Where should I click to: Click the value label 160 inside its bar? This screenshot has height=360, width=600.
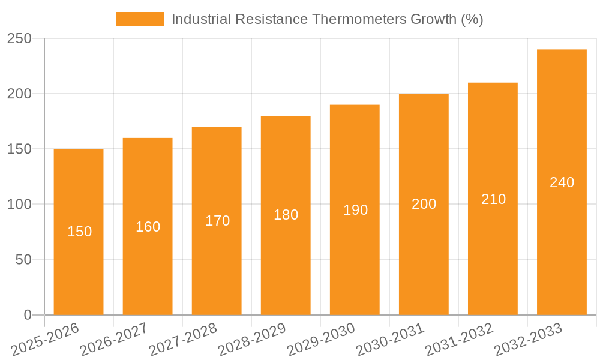(148, 227)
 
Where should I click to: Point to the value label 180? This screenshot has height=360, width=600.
(286, 215)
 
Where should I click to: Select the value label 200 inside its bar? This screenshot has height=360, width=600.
(424, 204)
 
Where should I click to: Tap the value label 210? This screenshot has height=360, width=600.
(493, 199)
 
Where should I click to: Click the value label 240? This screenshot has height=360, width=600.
(562, 182)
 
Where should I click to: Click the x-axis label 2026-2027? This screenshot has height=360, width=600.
(113, 339)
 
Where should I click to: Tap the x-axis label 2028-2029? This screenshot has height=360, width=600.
(251, 339)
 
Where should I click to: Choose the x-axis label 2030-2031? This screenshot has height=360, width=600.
(389, 339)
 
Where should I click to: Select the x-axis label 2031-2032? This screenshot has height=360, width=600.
(458, 339)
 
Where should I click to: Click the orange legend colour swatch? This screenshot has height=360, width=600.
(140, 19)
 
